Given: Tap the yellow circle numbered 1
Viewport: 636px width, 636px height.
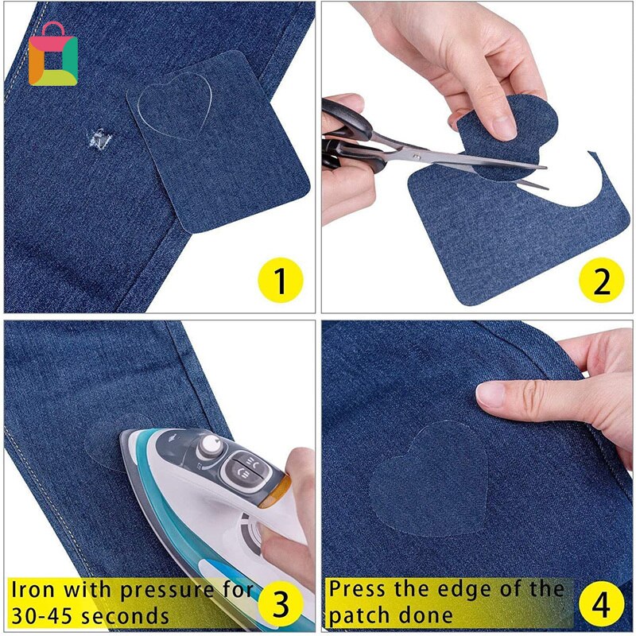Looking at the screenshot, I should click(x=279, y=280).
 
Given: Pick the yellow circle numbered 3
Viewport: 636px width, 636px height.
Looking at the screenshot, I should click(x=279, y=602).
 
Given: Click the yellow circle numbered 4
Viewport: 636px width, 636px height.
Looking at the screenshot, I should click(x=599, y=602).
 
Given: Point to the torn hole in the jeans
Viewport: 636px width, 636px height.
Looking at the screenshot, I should click(x=99, y=141).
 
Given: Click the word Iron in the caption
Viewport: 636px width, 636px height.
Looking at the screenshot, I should click(x=37, y=591).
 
